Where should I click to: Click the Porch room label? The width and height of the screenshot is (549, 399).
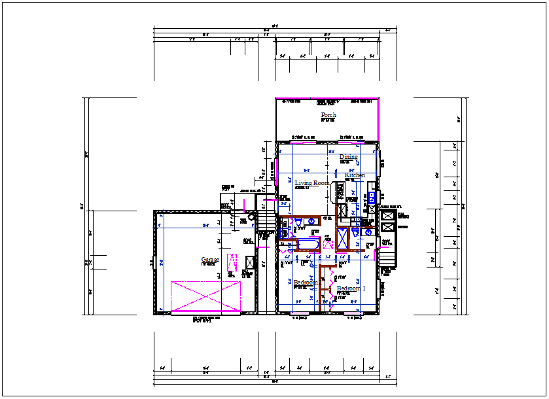pos(328,115)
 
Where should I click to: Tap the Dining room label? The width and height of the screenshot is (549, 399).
pos(349,157)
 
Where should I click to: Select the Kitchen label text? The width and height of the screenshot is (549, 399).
pos(355,175)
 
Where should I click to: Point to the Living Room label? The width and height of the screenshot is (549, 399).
pos(312,183)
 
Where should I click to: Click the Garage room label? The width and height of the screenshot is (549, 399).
pos(210,260)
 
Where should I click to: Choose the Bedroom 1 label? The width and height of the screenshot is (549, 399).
pos(351,288)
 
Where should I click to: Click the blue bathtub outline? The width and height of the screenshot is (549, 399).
pos(308,245)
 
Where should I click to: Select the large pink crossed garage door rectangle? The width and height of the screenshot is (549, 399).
pos(205,297)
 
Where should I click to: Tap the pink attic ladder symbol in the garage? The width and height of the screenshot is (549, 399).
pos(231,264)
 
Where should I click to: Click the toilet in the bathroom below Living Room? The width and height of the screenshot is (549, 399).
pos(298,224)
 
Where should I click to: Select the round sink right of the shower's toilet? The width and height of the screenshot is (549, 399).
pos(368,232)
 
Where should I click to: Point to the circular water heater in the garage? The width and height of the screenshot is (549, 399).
pos(251,217)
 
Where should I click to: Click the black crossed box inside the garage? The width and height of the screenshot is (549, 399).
pos(249,262)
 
